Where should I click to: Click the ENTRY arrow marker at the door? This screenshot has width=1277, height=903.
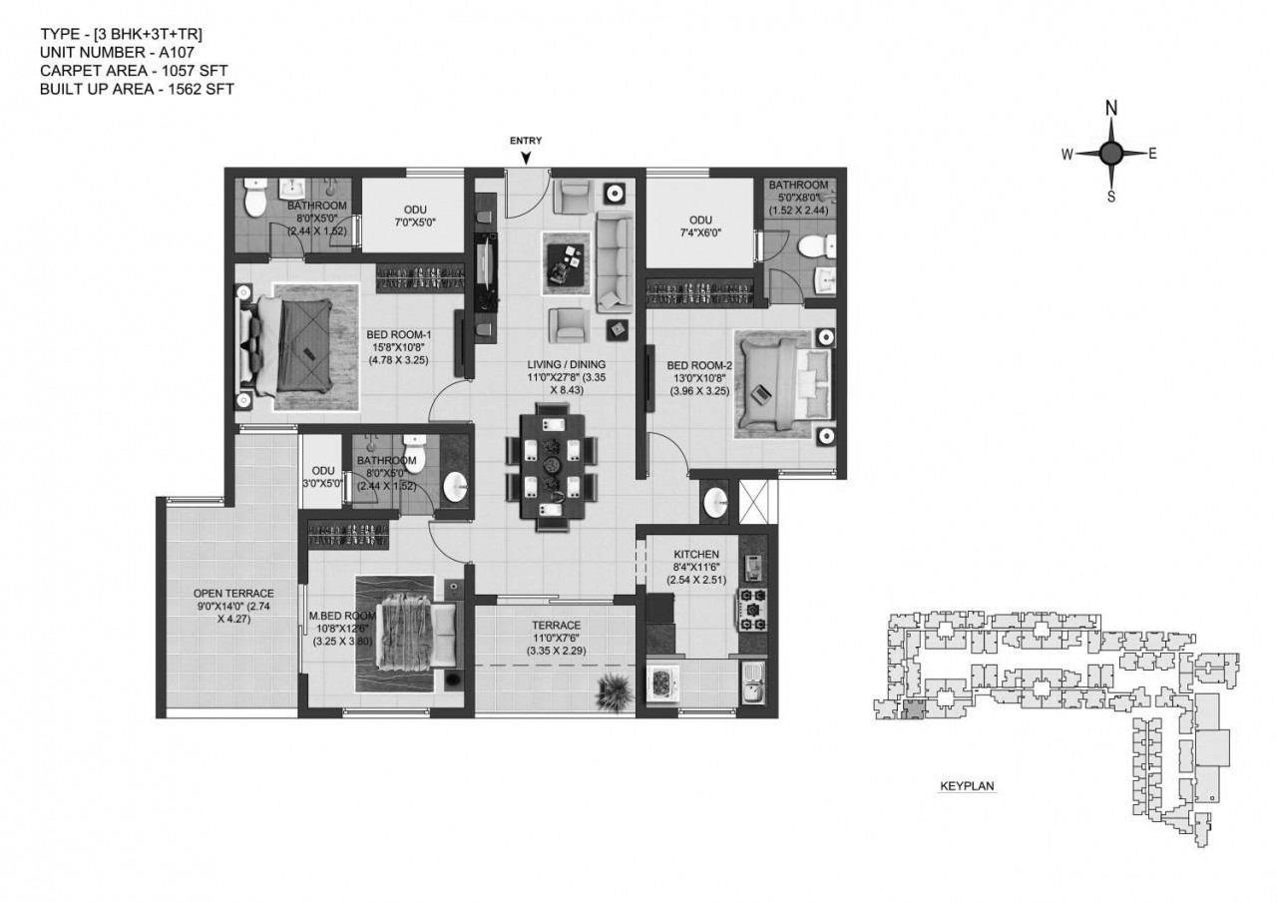(x=526, y=158)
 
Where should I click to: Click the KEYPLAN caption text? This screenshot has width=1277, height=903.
(x=967, y=786)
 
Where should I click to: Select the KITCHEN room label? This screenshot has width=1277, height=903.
(x=696, y=554)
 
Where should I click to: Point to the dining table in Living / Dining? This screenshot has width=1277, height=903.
(x=553, y=467)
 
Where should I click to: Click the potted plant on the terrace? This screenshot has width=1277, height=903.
(x=615, y=691)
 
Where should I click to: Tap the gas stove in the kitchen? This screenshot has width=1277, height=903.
(x=752, y=610)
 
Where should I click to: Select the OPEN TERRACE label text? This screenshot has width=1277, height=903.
(x=233, y=593)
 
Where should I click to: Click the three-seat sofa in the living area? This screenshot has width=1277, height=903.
(x=615, y=261)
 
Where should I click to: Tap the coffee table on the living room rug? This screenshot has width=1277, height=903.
(x=565, y=264)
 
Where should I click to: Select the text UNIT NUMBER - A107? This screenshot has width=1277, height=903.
(x=117, y=53)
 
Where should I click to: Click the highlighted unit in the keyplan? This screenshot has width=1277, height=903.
(x=913, y=710)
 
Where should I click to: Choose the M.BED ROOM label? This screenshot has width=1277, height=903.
(x=342, y=616)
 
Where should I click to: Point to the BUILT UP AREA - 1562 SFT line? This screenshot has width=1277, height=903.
(x=137, y=89)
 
